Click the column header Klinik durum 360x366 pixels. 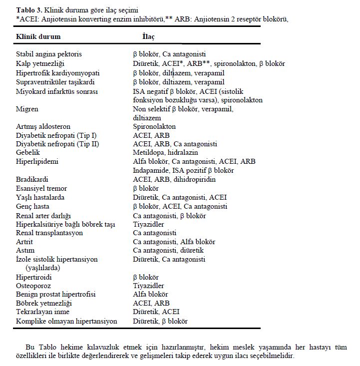pyautogui.click(x=38, y=37)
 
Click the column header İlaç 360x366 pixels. pyautogui.click(x=149, y=37)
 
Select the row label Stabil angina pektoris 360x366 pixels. pyautogui.click(x=49, y=54)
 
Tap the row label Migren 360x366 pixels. pyautogui.click(x=27, y=109)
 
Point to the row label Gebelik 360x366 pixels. pyautogui.click(x=28, y=152)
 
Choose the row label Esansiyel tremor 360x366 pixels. pyautogui.click(x=41, y=188)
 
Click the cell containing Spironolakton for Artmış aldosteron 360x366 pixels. pyautogui.click(x=154, y=126)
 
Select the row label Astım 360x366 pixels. pyautogui.click(x=25, y=250)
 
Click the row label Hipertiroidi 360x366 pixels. pyautogui.click(x=34, y=277)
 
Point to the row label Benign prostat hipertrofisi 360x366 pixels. pyautogui.click(x=55, y=294)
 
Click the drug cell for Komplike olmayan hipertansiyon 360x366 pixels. pyautogui.click(x=160, y=321)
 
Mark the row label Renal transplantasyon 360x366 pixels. pyautogui.click(x=49, y=233)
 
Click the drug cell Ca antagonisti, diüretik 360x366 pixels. pyautogui.click(x=168, y=250)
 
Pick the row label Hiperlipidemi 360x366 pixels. pyautogui.click(x=37, y=161)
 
